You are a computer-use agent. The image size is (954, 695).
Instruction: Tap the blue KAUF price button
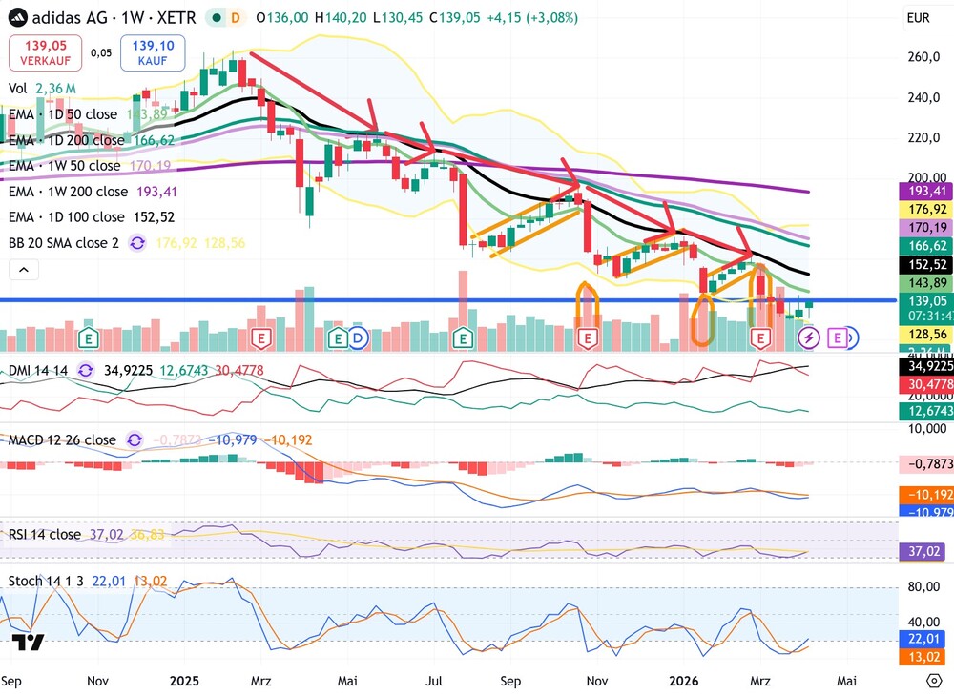[x=153, y=52]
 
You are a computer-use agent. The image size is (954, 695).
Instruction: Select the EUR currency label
[x=918, y=18]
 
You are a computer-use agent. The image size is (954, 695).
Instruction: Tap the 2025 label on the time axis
[x=183, y=681]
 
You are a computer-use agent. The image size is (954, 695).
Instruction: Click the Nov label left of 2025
[x=98, y=681]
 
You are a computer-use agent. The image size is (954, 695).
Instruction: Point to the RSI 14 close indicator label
[x=44, y=534]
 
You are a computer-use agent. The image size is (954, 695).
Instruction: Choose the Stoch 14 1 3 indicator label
[x=52, y=580]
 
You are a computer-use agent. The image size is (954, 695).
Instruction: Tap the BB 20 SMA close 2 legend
[x=64, y=243]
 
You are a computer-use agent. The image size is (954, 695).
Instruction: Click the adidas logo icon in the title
[x=16, y=18]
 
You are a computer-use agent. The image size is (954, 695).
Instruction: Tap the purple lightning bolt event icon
[x=809, y=337]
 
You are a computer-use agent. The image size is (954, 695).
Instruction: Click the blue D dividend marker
[x=358, y=337]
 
